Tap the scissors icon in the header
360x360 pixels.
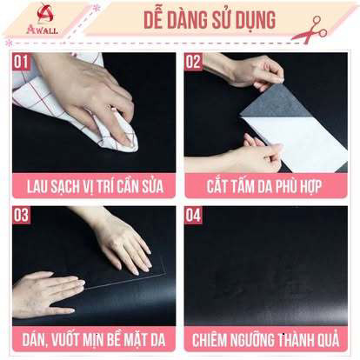coord(309,29)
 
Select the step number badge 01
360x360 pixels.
coord(21,62)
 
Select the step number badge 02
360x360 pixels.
coord(193,62)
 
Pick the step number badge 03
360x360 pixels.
coord(21,214)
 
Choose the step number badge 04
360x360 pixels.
coord(193,214)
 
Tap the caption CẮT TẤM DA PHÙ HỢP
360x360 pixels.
coord(265,185)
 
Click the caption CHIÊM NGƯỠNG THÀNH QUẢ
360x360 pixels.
coord(265,337)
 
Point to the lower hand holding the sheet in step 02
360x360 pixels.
coord(252,157)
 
